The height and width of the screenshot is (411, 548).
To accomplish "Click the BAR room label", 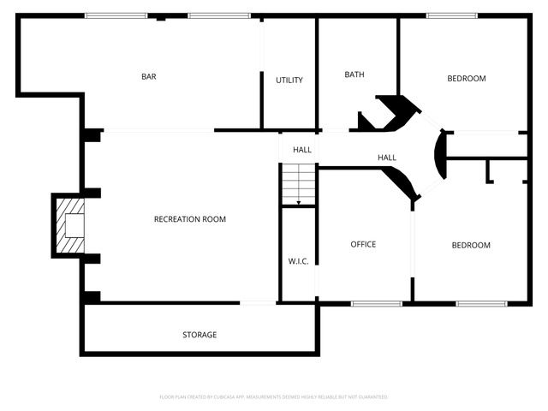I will click(149, 77).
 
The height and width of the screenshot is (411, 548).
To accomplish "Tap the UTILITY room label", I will click(289, 80).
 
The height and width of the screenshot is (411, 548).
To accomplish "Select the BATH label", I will click(354, 74).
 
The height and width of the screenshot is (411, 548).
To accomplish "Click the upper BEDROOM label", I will click(467, 79).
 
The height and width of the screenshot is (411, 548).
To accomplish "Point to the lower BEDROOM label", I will click(471, 246).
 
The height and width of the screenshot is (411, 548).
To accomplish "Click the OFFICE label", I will click(363, 245).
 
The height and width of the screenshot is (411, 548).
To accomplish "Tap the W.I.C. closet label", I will click(298, 261).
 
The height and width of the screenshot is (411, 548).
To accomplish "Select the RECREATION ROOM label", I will click(190, 219).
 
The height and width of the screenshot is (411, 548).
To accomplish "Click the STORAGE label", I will click(200, 335).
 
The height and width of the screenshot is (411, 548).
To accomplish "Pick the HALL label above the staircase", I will click(302, 150).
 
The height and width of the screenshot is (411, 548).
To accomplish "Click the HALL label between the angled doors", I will click(387, 158).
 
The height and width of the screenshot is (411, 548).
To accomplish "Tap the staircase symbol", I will click(298, 183).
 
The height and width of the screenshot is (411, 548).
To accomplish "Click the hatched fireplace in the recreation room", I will click(70, 226).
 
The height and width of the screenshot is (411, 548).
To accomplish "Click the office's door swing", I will click(400, 182).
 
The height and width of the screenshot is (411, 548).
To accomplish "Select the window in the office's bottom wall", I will click(377, 303).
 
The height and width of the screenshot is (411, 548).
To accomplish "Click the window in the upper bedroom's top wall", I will click(452, 15).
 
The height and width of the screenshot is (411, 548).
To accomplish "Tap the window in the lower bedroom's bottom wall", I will click(481, 303).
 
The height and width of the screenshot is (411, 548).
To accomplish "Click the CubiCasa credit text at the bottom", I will click(274, 397).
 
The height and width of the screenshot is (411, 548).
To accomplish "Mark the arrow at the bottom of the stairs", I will click(298, 202).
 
